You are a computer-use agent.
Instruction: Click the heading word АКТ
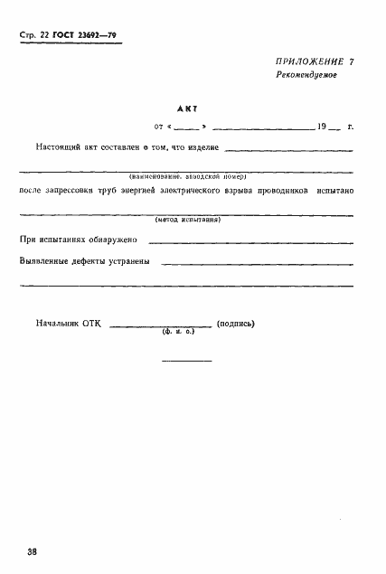192,109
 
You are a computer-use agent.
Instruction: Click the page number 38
33,551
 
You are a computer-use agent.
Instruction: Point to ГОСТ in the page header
63,35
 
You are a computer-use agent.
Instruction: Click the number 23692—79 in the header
99,35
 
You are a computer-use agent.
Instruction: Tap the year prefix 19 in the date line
322,128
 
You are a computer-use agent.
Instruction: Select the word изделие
200,147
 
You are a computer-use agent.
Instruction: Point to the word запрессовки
72,192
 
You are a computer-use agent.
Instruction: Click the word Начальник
60,323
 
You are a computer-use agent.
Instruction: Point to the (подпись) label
236,323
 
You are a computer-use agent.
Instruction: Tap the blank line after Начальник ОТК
160,325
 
